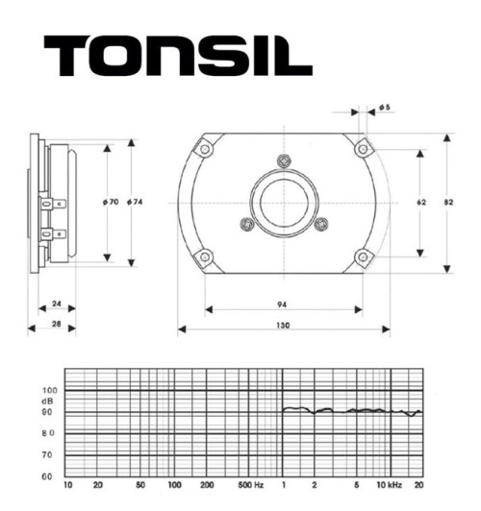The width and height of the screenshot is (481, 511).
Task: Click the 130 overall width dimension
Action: (x=283, y=327)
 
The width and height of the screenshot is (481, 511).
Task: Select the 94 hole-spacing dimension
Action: (x=282, y=304)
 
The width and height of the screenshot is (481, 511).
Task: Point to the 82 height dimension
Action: (x=464, y=204)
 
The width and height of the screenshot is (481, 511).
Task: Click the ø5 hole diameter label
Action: (x=383, y=108)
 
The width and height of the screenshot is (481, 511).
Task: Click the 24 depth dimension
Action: (x=57, y=304)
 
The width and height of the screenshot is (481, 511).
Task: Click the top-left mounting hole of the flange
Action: (x=204, y=149)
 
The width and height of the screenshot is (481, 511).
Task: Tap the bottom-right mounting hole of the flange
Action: (x=362, y=257)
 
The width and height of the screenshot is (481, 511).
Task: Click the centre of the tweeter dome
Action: (x=283, y=203)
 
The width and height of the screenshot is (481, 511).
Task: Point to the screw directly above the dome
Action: (x=281, y=159)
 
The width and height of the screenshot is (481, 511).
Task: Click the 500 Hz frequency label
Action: (x=251, y=487)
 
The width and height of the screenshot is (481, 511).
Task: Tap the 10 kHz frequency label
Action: (x=388, y=487)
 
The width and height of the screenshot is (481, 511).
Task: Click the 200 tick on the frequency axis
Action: (x=207, y=487)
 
